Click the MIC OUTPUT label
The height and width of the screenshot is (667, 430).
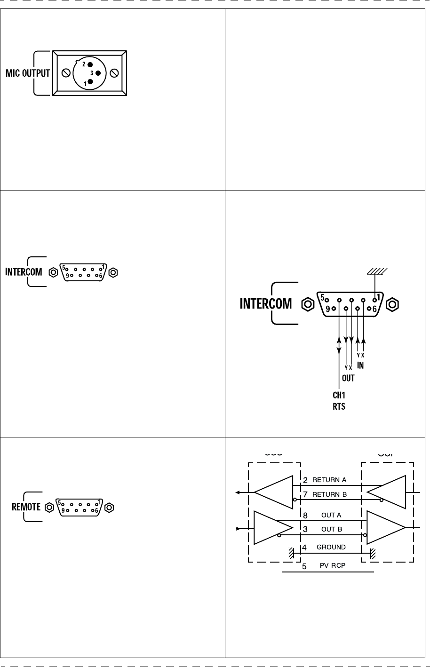pos(28,73)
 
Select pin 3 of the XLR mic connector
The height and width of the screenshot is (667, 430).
pos(98,73)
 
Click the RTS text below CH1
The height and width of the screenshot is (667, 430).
pos(339,407)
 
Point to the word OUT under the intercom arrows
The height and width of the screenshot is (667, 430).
pos(348,378)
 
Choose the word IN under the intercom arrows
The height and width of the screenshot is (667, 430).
pos(360,365)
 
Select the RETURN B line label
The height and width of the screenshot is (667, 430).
pos(329,494)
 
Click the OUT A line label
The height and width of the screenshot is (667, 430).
pos(331,516)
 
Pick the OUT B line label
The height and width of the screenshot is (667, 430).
pos(331,530)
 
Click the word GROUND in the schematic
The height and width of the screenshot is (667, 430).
pos(331,548)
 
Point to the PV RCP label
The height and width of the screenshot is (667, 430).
pos(332,566)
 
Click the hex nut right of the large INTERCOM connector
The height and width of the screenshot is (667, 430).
pos(392,304)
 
